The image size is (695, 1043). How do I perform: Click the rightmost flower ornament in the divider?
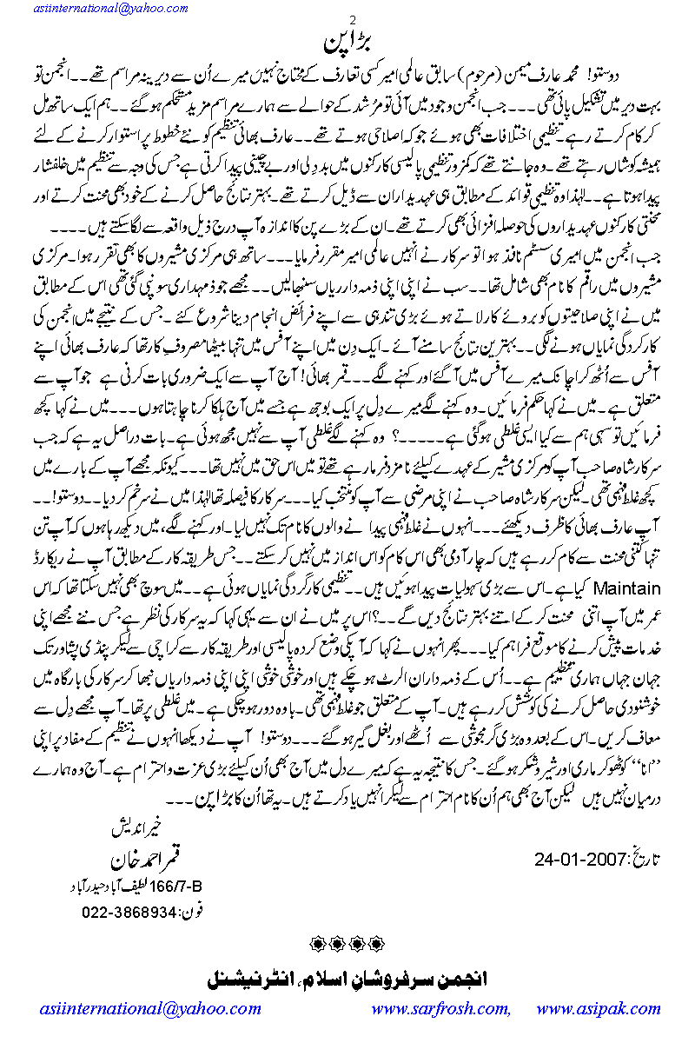[378, 942]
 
